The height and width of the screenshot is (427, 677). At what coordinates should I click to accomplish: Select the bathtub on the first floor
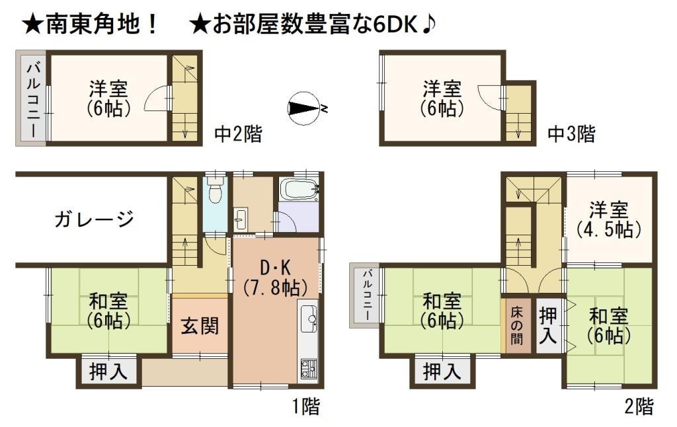299,190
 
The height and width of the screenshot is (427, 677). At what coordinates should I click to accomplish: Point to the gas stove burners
308,368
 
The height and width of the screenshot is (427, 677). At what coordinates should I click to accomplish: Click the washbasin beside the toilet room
241,219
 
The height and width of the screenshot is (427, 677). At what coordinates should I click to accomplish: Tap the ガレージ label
94,219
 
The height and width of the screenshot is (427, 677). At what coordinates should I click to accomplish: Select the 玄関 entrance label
200,326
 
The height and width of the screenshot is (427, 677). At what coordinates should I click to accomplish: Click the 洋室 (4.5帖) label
609,219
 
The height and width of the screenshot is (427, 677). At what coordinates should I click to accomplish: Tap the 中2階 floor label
238,134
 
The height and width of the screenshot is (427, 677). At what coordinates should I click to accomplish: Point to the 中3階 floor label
571,134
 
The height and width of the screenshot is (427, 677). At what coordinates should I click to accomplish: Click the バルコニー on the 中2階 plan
32,98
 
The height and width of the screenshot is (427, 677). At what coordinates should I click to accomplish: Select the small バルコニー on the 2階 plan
365,295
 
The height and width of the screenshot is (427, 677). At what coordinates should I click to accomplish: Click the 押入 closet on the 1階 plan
109,371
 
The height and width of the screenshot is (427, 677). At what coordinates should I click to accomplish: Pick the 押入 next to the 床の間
548,325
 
